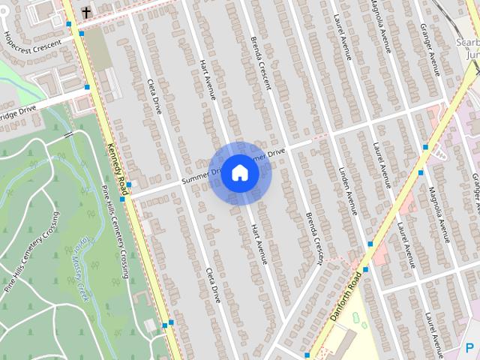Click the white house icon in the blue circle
point(239,172)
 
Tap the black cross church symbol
point(86,12)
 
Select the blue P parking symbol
point(470,346)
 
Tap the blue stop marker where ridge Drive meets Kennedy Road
point(88,88)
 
